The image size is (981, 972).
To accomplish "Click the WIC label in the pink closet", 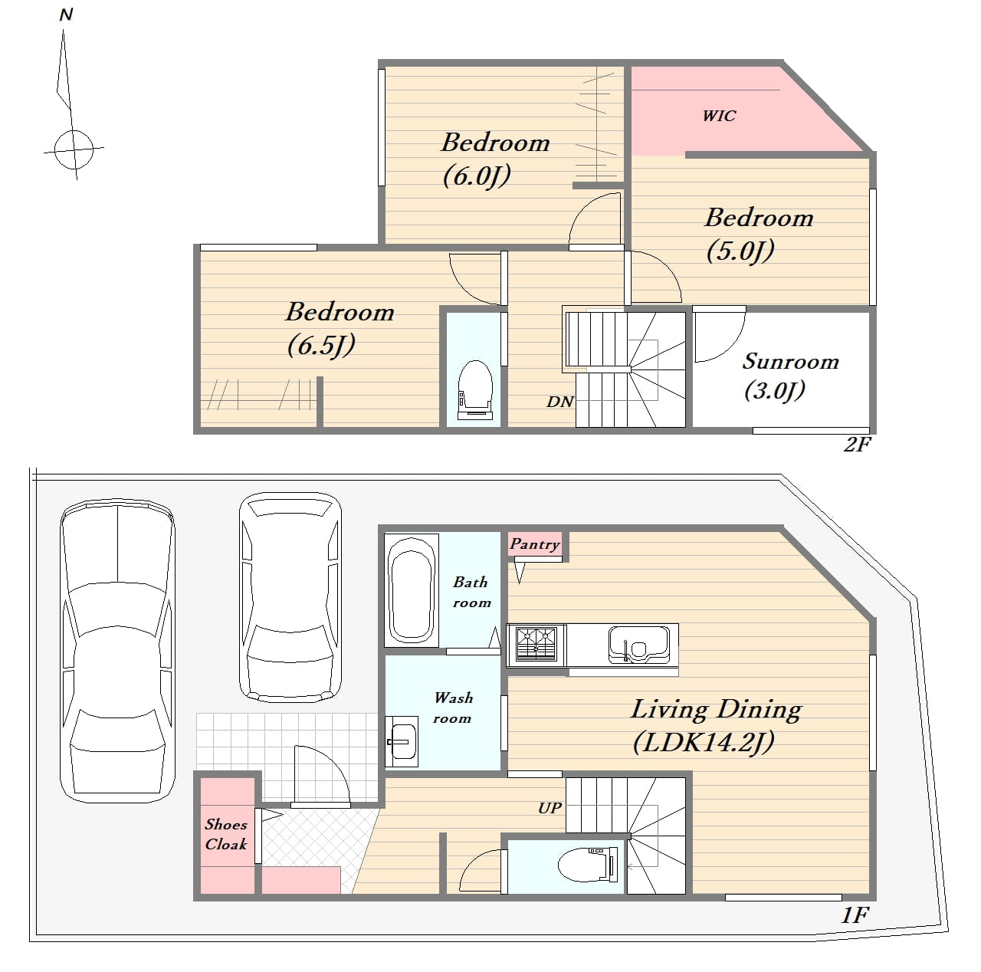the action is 719,117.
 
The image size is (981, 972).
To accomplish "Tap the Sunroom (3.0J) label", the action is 790,376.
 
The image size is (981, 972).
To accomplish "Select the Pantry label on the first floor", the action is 534,544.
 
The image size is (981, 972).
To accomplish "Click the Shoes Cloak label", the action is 226,834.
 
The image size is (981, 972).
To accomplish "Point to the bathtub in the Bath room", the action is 412,589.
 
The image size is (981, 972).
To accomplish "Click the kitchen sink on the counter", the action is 639,645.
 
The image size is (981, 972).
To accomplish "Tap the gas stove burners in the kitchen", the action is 536,644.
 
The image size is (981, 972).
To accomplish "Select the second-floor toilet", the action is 475,390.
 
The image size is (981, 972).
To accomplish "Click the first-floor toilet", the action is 589,865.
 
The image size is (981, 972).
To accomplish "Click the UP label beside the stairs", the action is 550,808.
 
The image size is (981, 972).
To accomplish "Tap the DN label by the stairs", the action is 560,402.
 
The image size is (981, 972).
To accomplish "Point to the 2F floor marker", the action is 858,445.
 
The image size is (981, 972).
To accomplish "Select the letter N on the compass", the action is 66,15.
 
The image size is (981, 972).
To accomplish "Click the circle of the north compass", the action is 74,149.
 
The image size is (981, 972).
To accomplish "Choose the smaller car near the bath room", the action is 290,597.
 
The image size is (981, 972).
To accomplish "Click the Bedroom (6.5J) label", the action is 340,329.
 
